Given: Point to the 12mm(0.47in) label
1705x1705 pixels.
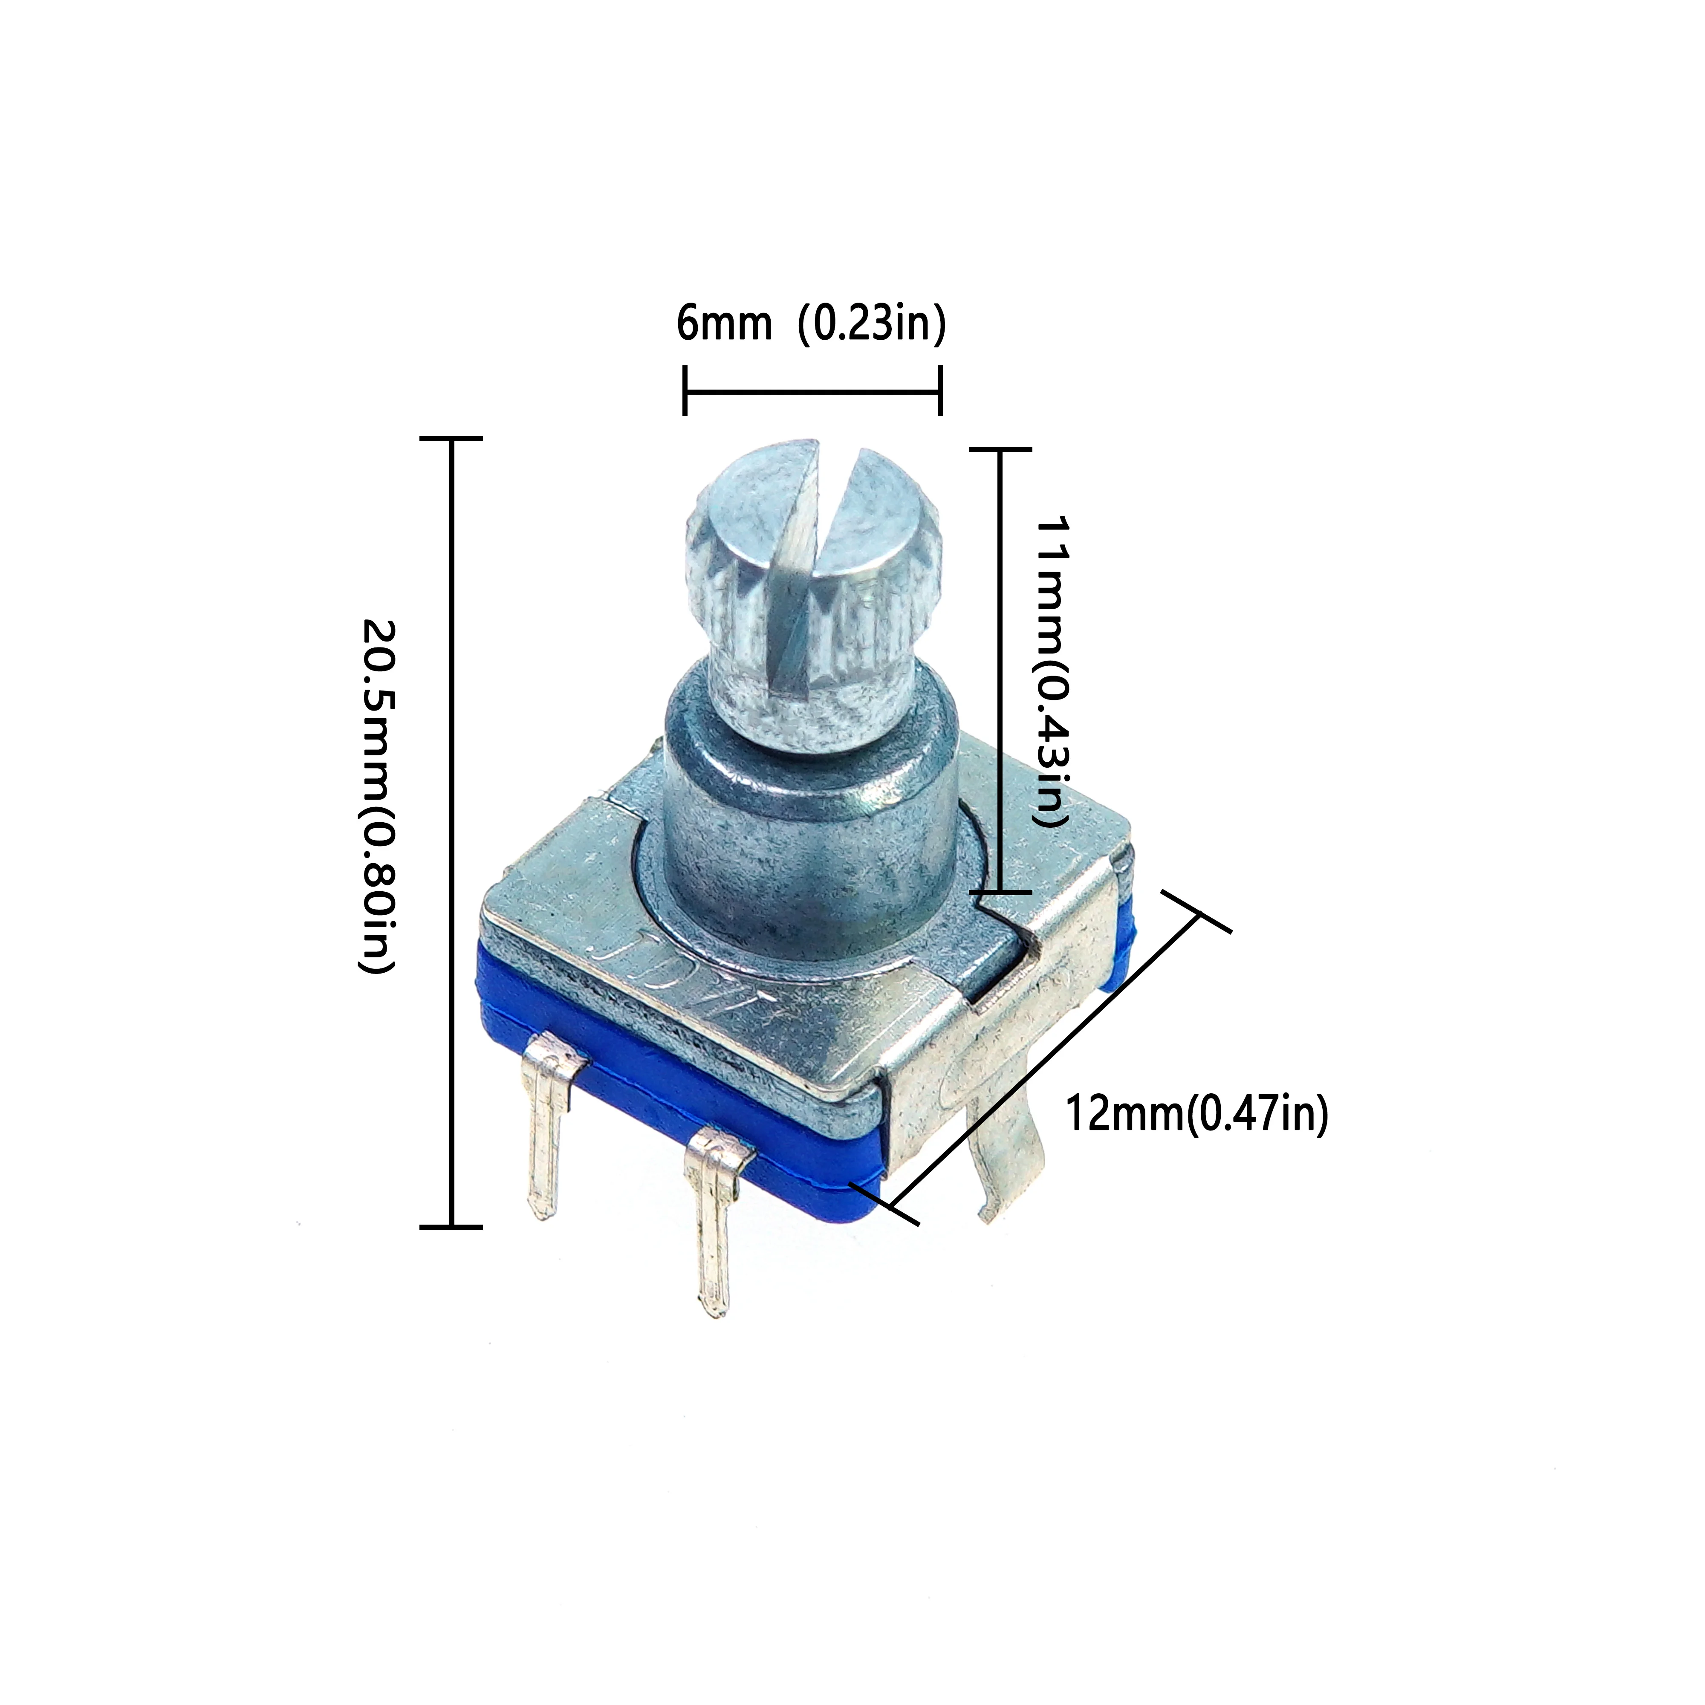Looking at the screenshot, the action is coord(1196,1114).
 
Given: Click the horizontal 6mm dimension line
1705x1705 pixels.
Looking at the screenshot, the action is coord(812,392).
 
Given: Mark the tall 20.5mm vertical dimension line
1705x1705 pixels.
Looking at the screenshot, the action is coord(452,832).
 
